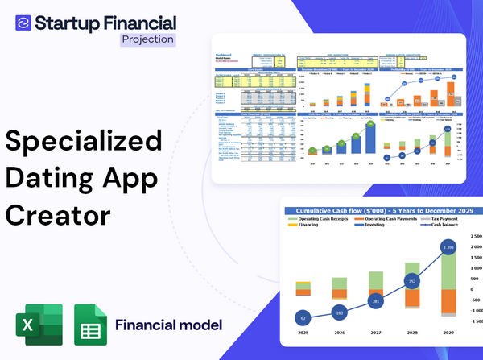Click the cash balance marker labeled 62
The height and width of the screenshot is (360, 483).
pyautogui.click(x=303, y=317)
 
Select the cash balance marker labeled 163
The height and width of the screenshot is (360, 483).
pyautogui.click(x=339, y=312)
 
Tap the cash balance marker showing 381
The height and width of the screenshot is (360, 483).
pyautogui.click(x=376, y=300)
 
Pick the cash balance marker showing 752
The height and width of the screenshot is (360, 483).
pyautogui.click(x=412, y=282)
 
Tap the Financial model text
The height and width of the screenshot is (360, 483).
pyautogui.click(x=168, y=325)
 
